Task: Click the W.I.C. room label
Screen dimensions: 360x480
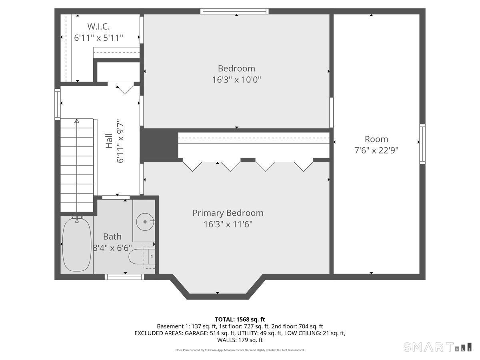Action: pyautogui.click(x=98, y=27)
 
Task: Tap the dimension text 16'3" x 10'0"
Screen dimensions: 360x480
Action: pyautogui.click(x=236, y=80)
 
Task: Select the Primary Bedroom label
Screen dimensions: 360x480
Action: pyautogui.click(x=228, y=213)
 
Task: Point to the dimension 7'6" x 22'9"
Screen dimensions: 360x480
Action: pyautogui.click(x=376, y=150)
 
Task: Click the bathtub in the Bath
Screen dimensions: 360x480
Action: pyautogui.click(x=77, y=245)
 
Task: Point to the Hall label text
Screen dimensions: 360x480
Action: pyautogui.click(x=109, y=141)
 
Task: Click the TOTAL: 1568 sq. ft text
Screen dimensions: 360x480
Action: pyautogui.click(x=240, y=319)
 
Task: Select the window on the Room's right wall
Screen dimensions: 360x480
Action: pyautogui.click(x=422, y=144)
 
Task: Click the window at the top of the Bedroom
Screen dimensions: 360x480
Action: pyautogui.click(x=234, y=11)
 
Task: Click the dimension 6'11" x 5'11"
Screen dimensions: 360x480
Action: pyautogui.click(x=98, y=38)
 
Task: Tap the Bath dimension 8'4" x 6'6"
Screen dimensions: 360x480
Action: pyautogui.click(x=112, y=248)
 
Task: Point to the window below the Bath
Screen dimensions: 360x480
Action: pyautogui.click(x=124, y=276)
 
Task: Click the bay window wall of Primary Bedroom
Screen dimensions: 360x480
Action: pyautogui.click(x=218, y=296)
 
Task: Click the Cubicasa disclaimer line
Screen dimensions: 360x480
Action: pyautogui.click(x=240, y=350)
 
